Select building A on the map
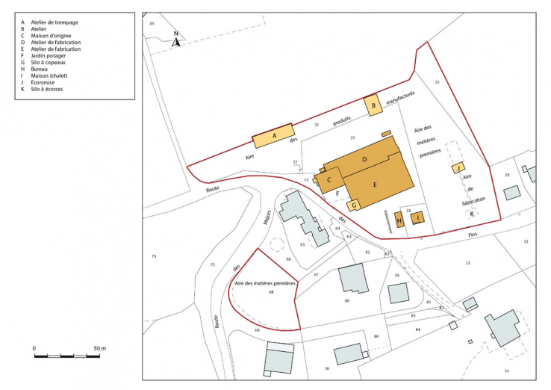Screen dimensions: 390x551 click(274, 136)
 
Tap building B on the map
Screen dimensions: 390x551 click(373, 106)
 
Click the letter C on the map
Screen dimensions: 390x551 click(329, 179)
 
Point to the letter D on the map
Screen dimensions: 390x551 click(364, 160)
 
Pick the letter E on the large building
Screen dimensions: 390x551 click(375, 185)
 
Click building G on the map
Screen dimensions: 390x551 click(355, 204)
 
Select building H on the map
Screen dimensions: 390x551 click(399, 220)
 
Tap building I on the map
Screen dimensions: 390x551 click(418, 218)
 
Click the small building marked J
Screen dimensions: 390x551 click(458, 168)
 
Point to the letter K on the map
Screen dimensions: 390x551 click(472, 214)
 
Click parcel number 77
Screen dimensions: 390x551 click(352, 139)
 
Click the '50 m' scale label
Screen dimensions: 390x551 click(100, 348)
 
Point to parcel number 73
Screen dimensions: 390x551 click(154, 256)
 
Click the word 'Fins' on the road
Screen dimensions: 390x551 click(472, 234)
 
